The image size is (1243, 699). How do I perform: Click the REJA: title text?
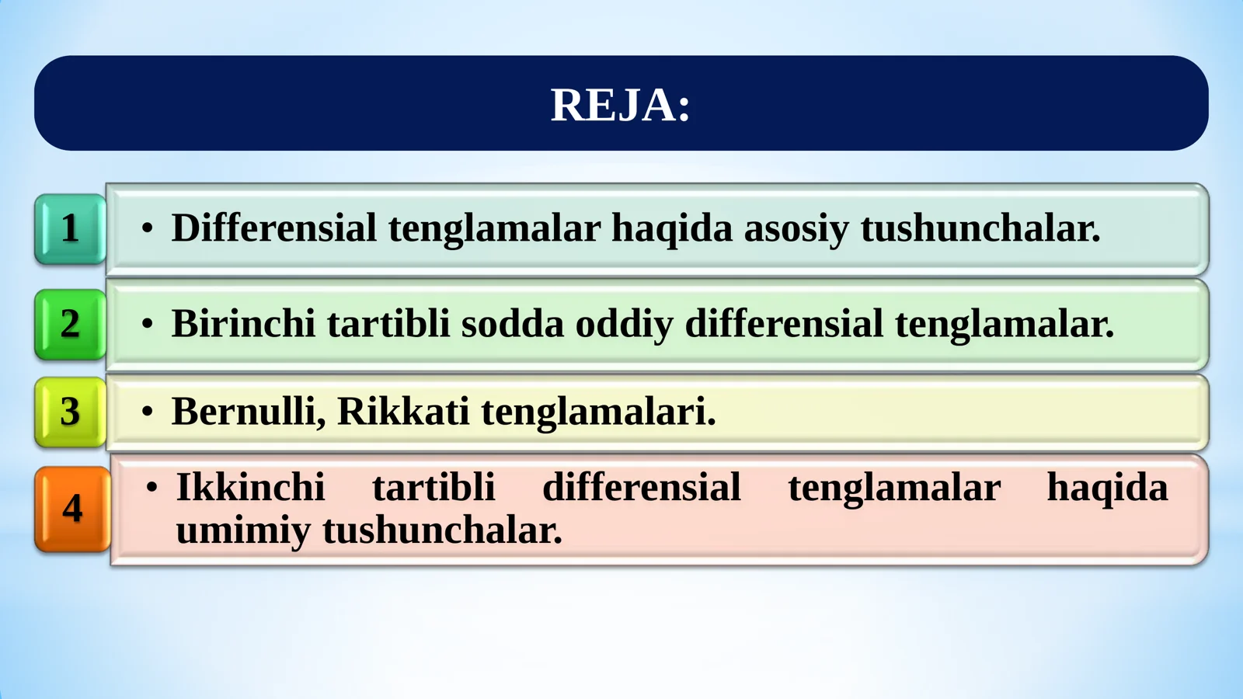click(x=620, y=105)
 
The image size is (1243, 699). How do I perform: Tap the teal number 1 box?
click(x=70, y=228)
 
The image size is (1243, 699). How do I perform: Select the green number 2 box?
click(x=70, y=324)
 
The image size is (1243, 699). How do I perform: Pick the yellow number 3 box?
click(x=70, y=412)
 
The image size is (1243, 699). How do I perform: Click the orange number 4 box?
click(x=72, y=509)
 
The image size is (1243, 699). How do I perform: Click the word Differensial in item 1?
click(x=273, y=228)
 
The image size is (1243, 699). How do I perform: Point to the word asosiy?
click(x=796, y=228)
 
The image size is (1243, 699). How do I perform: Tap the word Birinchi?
click(x=243, y=324)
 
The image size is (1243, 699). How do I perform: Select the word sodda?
click(x=512, y=324)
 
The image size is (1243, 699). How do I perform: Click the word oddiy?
click(x=624, y=324)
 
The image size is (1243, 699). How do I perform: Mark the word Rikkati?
click(x=403, y=412)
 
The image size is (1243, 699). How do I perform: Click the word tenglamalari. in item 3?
click(x=598, y=412)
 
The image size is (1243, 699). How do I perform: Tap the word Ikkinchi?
click(x=250, y=488)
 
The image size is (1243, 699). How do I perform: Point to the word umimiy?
click(x=242, y=530)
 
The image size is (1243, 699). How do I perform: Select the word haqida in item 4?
click(x=1107, y=488)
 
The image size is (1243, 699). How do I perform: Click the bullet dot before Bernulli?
click(x=148, y=412)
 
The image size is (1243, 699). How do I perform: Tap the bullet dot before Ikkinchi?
click(x=152, y=488)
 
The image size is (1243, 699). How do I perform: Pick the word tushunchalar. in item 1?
click(x=980, y=228)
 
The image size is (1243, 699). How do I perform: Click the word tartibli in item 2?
click(x=388, y=324)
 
